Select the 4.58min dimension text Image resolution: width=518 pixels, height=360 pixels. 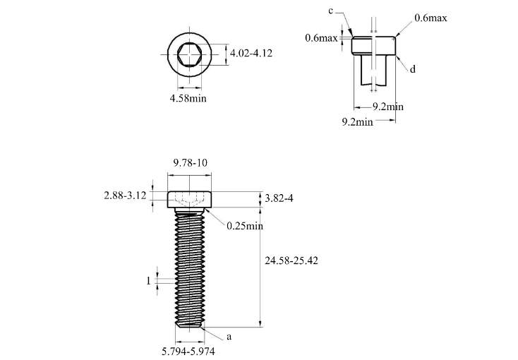(188, 99)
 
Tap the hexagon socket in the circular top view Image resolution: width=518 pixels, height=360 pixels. (189, 54)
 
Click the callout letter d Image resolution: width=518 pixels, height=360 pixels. (413, 69)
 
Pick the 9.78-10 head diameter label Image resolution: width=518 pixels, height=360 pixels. (191, 163)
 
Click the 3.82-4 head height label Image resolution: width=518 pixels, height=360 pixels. (279, 198)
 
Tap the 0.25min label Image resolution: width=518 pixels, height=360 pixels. (244, 226)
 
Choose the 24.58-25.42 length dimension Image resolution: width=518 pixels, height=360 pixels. (291, 260)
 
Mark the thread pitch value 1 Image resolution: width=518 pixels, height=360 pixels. (148, 281)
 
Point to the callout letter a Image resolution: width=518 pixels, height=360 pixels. (229, 337)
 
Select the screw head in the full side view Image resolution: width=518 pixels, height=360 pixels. (190, 200)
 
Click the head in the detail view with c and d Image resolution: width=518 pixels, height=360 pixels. (375, 46)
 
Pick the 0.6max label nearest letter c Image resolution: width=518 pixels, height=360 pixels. (321, 38)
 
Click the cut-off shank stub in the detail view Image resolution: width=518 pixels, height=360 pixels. (375, 71)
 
